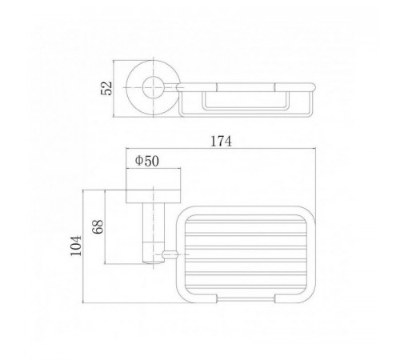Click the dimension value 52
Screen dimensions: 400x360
click(106, 88)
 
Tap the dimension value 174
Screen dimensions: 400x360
click(221, 142)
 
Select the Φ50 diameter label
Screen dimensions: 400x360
click(147, 161)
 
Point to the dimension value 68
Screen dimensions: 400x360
click(98, 226)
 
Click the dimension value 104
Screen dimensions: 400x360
click(76, 246)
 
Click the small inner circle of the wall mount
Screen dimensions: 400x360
click(153, 87)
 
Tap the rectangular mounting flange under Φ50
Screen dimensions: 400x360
click(154, 197)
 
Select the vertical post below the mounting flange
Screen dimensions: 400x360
click(154, 234)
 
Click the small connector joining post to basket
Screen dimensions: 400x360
click(170, 254)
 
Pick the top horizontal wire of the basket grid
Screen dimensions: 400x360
click(246, 222)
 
